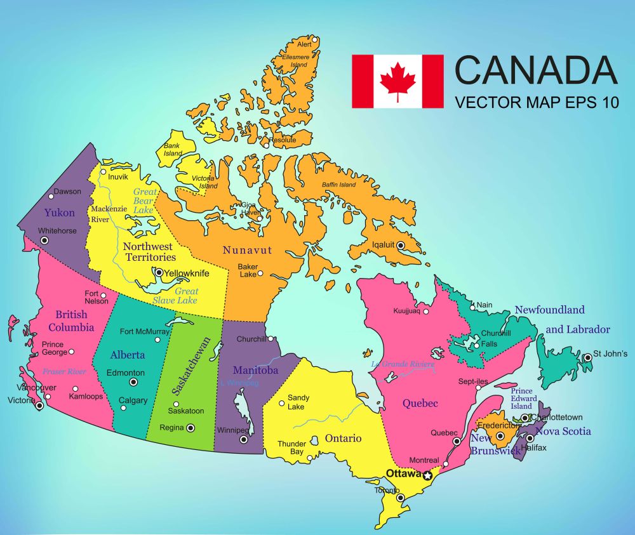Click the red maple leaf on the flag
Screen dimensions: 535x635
click(398, 81)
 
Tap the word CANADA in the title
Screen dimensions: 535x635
click(536, 70)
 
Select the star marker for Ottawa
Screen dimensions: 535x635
click(427, 475)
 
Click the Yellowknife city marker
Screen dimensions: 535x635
click(159, 274)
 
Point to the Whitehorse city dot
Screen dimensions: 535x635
click(44, 241)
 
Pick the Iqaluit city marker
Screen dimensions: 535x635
click(401, 245)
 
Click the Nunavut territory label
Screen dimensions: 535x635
click(247, 250)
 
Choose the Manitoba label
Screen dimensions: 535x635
click(255, 370)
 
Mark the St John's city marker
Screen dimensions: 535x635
click(588, 358)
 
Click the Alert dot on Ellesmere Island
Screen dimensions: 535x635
click(314, 39)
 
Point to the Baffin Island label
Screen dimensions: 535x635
click(339, 185)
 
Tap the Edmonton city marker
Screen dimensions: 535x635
click(133, 382)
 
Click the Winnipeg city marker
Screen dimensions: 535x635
click(243, 439)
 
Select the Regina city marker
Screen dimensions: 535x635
click(190, 428)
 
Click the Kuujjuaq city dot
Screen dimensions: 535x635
click(426, 312)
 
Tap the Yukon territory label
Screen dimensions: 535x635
click(59, 213)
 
